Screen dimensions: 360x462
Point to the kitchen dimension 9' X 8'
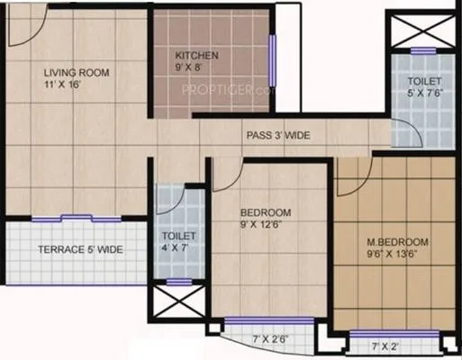[195, 67]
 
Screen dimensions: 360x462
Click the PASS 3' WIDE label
[278, 135]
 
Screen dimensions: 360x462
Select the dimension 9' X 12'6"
[265, 226]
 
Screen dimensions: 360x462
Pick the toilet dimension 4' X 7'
[172, 247]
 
